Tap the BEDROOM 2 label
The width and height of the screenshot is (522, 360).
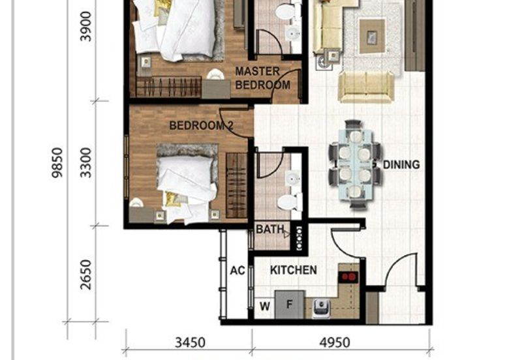point(201,125)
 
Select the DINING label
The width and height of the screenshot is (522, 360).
point(401,165)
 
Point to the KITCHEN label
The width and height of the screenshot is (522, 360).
point(294,270)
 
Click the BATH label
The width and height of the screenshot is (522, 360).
point(269,230)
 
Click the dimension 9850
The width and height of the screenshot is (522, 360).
point(58,163)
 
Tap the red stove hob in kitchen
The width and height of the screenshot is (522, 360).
point(349,276)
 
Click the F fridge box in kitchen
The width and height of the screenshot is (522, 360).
point(288,304)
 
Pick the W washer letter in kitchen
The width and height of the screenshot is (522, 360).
point(264,305)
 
